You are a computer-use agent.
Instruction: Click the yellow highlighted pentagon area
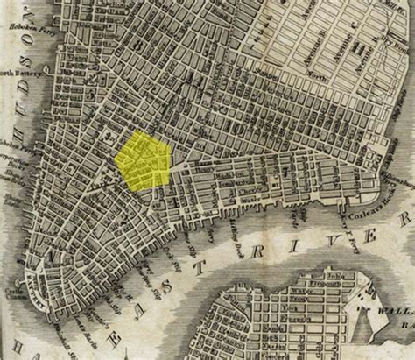pyautogui.click(x=144, y=159)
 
